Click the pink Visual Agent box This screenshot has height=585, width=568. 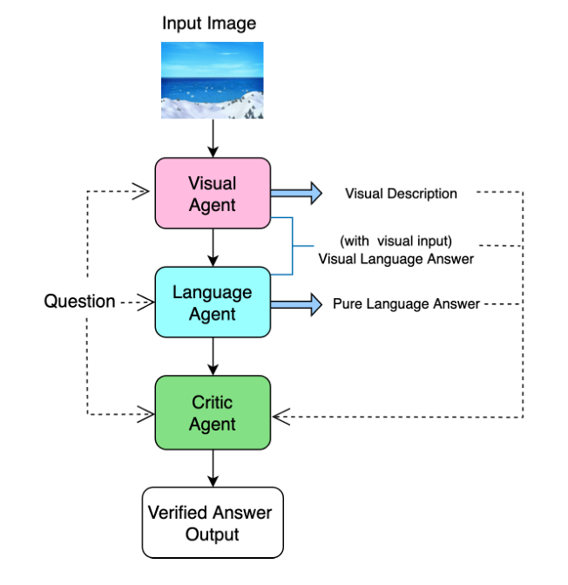213,194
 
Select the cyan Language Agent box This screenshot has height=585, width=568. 213,303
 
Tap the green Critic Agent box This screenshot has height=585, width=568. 213,413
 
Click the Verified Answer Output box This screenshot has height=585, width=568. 213,522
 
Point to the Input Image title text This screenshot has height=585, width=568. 209,23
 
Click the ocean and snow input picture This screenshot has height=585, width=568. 212,82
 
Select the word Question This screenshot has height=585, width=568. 79,302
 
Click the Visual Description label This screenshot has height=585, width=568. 401,194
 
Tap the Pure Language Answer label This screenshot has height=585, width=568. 406,304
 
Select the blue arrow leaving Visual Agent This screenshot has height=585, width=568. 295,193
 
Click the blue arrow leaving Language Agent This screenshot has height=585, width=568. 295,303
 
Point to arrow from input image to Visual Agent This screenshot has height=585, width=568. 213,139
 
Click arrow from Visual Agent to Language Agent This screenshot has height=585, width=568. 213,248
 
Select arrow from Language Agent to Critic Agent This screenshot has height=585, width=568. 213,357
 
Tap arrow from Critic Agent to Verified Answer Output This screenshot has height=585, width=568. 213,468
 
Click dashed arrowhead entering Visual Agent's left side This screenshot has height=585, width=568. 143,193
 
